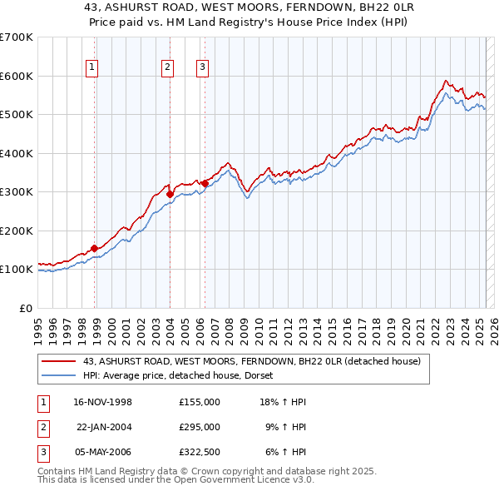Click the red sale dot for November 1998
pos(95,248)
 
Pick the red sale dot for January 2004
pos(170,194)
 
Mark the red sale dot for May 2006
pos(205,183)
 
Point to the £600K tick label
pos(16,76)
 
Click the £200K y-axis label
pos(16,231)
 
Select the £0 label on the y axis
pos(25,308)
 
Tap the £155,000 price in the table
pos(199,402)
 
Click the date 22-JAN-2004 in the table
pos(104,426)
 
